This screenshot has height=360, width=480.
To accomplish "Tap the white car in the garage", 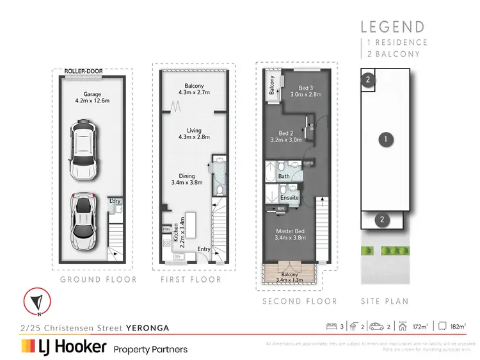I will pyautogui.click(x=84, y=151).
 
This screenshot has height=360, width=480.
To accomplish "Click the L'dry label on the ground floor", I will pyautogui.click(x=115, y=201).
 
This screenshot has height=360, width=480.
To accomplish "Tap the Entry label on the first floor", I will pyautogui.click(x=204, y=249).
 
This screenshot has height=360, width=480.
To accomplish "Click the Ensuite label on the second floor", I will pyautogui.click(x=289, y=197).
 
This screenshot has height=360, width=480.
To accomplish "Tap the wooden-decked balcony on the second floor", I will pyautogui.click(x=291, y=275).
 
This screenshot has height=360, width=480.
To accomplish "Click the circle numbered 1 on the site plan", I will pyautogui.click(x=385, y=138).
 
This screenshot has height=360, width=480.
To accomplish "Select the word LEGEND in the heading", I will pyautogui.click(x=392, y=27).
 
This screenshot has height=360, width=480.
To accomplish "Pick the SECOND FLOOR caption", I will pyautogui.click(x=300, y=301).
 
